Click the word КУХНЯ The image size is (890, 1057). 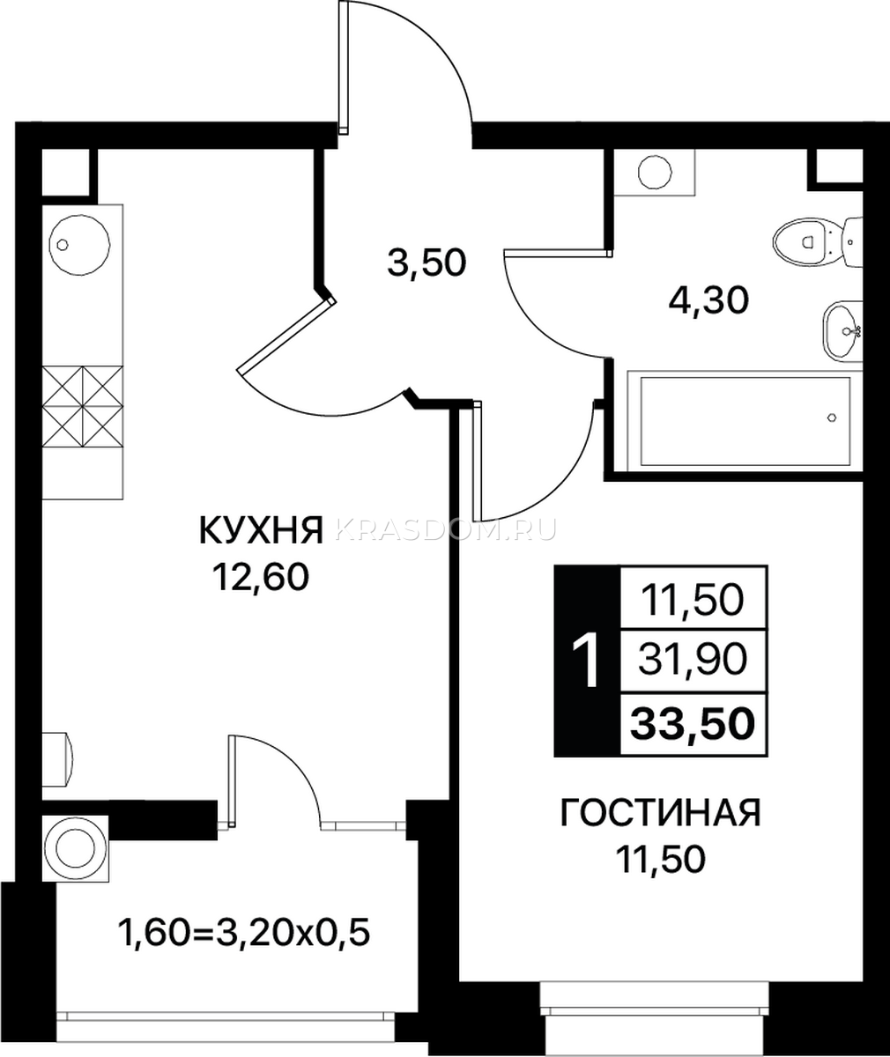click(262, 530)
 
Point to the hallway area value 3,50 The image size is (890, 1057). click(426, 263)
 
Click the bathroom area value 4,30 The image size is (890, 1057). click(708, 302)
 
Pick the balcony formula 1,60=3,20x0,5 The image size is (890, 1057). click(243, 933)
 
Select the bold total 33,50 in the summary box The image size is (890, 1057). click(693, 723)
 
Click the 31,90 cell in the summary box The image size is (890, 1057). click(693, 660)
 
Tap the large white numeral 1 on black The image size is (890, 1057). click(587, 661)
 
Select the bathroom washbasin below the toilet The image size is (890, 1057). click(842, 330)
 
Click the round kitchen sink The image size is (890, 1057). click(79, 246)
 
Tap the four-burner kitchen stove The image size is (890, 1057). click(83, 407)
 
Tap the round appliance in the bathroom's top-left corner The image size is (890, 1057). click(655, 173)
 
